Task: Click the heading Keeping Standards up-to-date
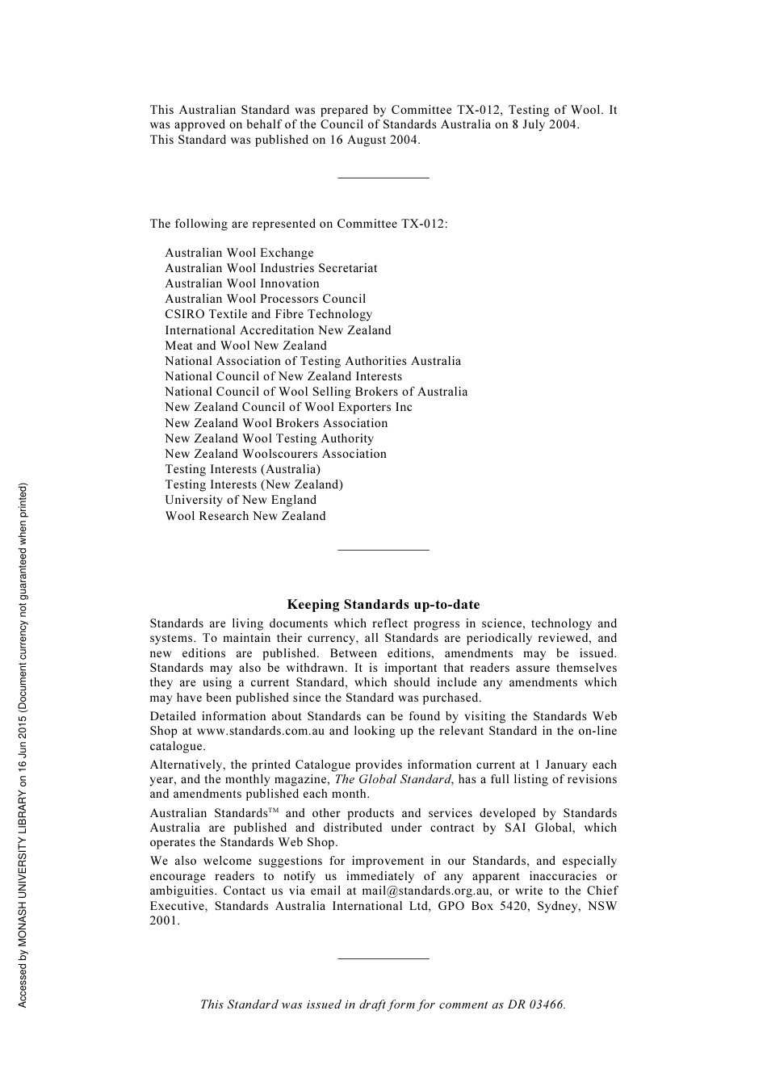click(383, 605)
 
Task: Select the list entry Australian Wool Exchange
click(239, 253)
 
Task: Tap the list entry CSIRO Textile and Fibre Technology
click(268, 314)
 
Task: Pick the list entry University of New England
click(241, 500)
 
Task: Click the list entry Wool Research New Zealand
click(245, 516)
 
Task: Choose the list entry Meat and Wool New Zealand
click(245, 346)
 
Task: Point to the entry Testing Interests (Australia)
click(242, 469)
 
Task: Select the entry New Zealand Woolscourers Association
click(275, 454)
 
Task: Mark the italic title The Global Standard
click(392, 779)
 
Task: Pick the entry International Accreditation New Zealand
click(278, 330)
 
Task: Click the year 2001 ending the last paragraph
click(164, 921)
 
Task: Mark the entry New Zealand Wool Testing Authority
click(269, 438)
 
